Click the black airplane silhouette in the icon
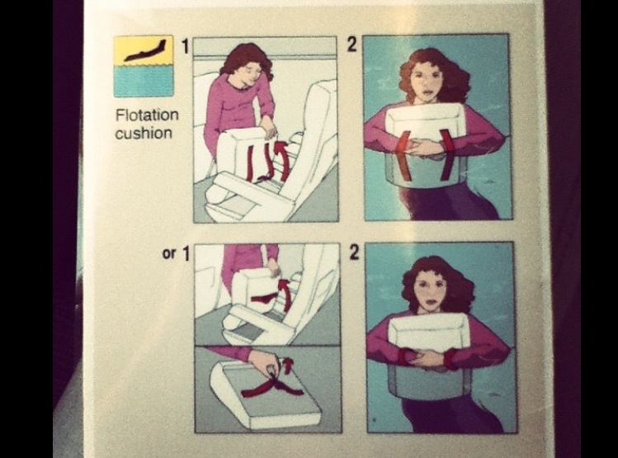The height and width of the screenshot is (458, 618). pyautogui.click(x=145, y=50)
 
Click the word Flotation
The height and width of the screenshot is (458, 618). pyautogui.click(x=147, y=115)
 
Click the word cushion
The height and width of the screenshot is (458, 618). pyautogui.click(x=144, y=133)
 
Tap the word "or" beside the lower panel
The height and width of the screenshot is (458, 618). pyautogui.click(x=168, y=253)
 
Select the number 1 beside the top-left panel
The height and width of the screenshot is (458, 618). pyautogui.click(x=186, y=46)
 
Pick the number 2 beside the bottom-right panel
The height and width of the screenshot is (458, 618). pyautogui.click(x=354, y=253)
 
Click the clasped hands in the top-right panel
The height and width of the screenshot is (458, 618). pyautogui.click(x=424, y=149)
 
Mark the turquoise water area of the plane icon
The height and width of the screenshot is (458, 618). pyautogui.click(x=144, y=81)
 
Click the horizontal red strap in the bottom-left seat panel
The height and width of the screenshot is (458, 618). pyautogui.click(x=263, y=299)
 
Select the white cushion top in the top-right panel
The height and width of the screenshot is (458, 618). pyautogui.click(x=427, y=123)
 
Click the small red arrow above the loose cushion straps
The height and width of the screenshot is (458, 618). pyautogui.click(x=288, y=365)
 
